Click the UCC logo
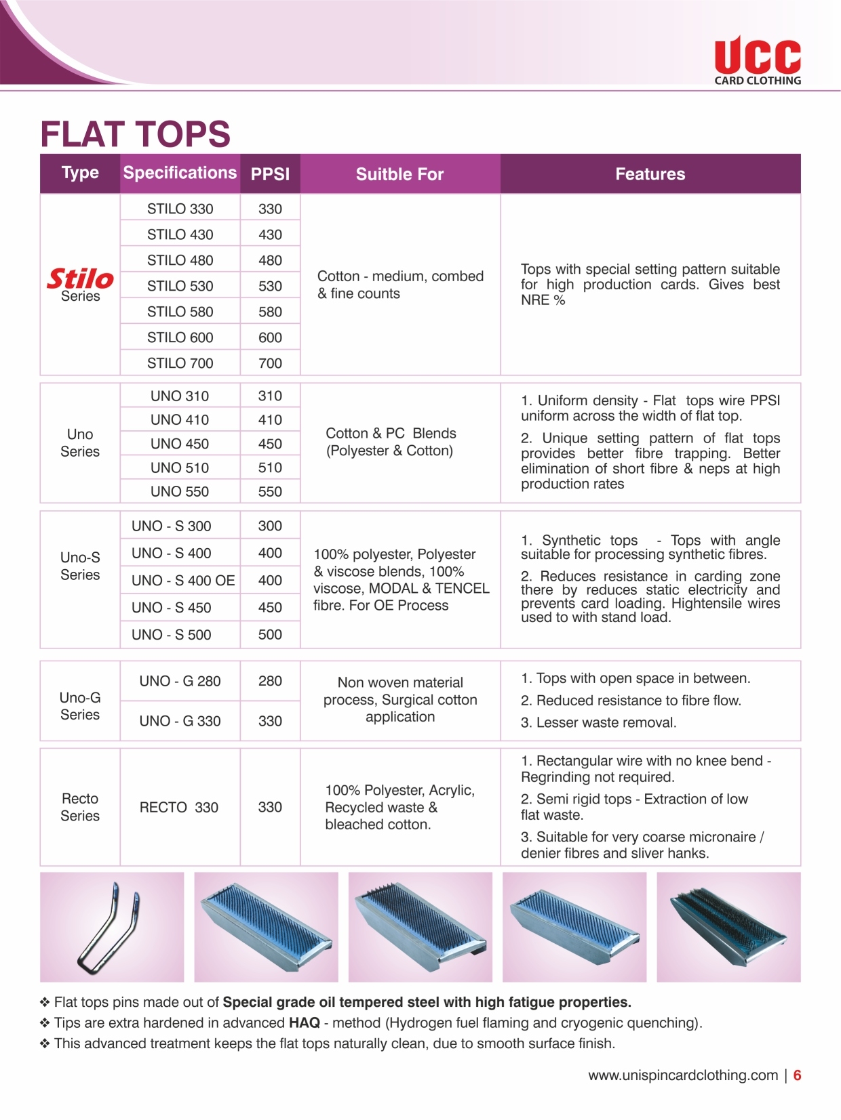point(757,60)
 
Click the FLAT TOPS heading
point(136,134)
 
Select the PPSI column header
point(270,174)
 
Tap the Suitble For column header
point(399,174)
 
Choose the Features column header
point(650,174)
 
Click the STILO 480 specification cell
point(180,260)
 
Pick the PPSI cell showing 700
point(270,363)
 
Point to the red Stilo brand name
point(80,278)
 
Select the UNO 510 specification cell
point(180,468)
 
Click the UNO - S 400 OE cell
point(183,581)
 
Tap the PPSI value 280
point(270,681)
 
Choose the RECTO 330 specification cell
point(179,807)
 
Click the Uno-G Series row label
point(80,706)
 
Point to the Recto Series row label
point(80,807)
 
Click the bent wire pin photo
point(112,927)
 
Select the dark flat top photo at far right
point(728,927)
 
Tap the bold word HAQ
point(304,1022)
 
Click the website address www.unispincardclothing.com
point(683,1075)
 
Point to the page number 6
point(798,1075)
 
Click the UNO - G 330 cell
point(180,721)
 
